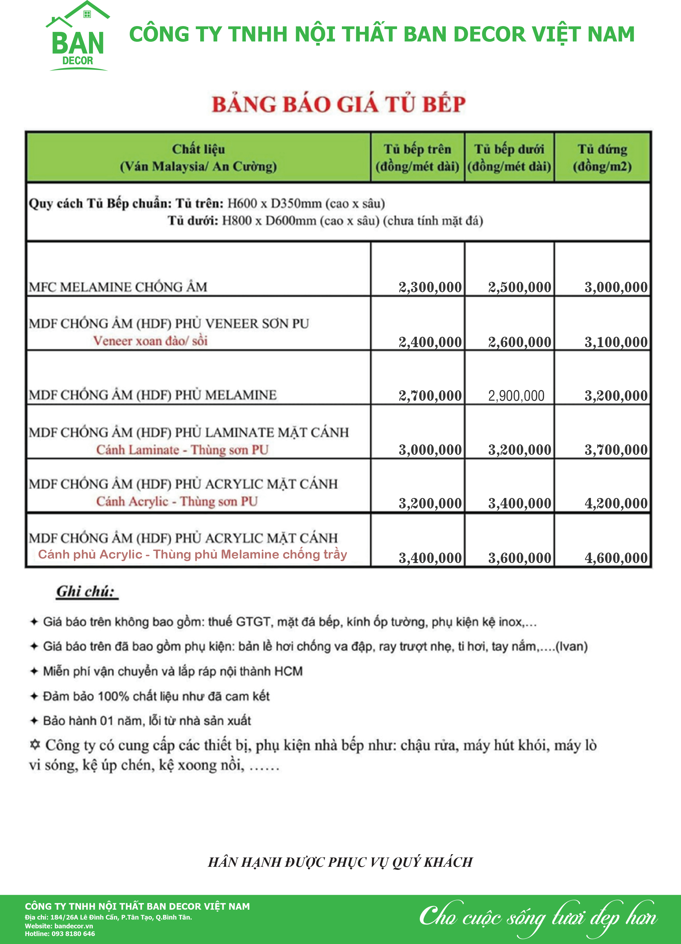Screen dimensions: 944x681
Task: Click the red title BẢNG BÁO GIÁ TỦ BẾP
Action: click(338, 104)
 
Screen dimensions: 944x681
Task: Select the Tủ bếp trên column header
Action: click(417, 158)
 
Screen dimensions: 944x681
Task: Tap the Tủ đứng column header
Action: click(602, 158)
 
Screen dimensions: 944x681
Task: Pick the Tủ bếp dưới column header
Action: click(509, 158)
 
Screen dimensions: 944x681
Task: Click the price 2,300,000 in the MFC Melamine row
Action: click(430, 287)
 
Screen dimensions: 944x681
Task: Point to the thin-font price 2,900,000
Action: click(516, 396)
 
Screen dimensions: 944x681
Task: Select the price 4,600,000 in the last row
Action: click(616, 558)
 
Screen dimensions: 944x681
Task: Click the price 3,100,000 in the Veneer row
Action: click(616, 342)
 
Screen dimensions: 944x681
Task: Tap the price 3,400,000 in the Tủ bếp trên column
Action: click(430, 558)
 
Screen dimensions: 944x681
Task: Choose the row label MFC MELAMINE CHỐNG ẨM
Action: click(118, 287)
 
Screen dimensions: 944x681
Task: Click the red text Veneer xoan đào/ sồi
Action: click(150, 341)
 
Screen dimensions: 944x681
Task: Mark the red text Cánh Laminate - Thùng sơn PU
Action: click(182, 450)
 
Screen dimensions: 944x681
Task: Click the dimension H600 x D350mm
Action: click(275, 204)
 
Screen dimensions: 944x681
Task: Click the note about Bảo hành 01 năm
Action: click(147, 721)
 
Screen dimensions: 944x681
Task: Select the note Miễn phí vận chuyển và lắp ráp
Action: click(173, 671)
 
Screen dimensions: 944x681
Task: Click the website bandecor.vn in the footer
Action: click(73, 926)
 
